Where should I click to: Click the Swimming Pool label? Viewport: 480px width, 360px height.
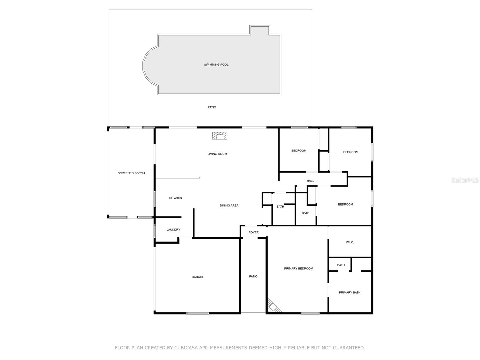(x=216, y=64)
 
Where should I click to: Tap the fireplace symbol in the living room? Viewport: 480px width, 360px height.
(x=220, y=136)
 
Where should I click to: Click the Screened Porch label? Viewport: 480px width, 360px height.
(x=131, y=173)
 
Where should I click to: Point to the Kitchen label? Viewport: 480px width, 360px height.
(x=175, y=198)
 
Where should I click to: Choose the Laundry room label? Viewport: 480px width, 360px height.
(x=173, y=229)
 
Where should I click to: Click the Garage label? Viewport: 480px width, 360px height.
(x=198, y=277)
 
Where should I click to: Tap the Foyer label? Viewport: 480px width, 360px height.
(x=253, y=232)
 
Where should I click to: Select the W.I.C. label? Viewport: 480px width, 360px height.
(x=350, y=242)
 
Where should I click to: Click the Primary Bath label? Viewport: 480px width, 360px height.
(x=349, y=292)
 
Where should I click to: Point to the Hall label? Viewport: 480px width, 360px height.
(x=310, y=181)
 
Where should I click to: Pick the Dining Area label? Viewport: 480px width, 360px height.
(x=229, y=205)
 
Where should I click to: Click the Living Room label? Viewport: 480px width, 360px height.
(x=217, y=154)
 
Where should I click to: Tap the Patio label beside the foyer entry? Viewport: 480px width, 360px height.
(x=253, y=276)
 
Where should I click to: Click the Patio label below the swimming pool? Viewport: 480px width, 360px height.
(x=212, y=107)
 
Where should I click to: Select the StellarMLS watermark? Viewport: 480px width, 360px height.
(x=465, y=180)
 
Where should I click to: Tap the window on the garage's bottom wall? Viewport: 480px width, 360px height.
(x=197, y=313)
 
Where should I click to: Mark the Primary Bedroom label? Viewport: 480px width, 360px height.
(x=298, y=268)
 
